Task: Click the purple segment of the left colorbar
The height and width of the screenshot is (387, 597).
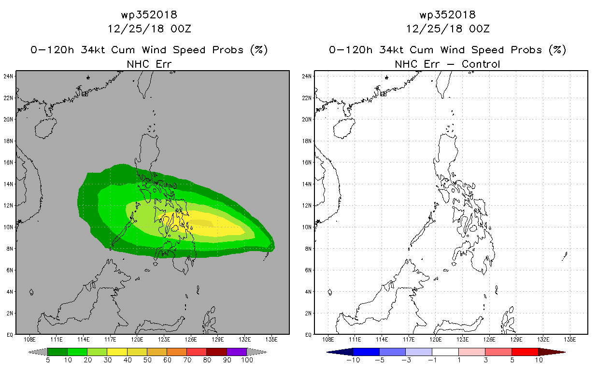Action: pos(237,352)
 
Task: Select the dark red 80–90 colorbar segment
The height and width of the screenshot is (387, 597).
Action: pos(217,352)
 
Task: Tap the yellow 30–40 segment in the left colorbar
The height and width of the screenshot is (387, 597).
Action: pos(117,352)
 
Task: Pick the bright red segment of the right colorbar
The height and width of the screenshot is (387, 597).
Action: pos(525,352)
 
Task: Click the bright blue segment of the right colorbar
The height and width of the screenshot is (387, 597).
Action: pos(366,352)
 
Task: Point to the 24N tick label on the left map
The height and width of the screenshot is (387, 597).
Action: pos(8,76)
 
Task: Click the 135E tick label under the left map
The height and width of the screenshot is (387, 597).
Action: pos(271,340)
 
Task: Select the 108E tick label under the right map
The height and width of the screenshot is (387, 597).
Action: pos(328,340)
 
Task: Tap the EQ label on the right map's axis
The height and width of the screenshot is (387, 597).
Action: pos(308,335)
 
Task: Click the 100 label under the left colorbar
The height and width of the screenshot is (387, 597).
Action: pos(247,360)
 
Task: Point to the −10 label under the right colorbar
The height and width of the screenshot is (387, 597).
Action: pos(353,360)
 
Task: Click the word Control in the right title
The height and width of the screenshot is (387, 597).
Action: pos(481,64)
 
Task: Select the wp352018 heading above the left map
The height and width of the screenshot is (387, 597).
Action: pos(149,15)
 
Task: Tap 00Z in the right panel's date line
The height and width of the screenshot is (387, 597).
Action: pos(479,29)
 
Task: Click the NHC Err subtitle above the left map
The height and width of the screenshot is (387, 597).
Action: pos(149,64)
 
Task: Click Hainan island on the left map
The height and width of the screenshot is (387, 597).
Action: pos(45,128)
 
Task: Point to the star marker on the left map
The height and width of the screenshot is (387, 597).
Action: pos(88,78)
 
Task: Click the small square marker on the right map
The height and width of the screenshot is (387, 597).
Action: pos(383,94)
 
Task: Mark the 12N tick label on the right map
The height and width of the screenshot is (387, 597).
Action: pos(307,206)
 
